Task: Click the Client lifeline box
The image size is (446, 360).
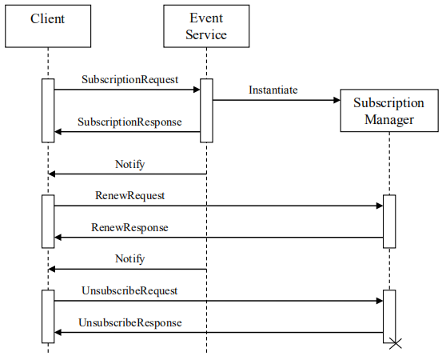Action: click(47, 26)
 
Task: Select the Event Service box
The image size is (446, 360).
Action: click(206, 26)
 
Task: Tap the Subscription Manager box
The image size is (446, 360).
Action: click(389, 111)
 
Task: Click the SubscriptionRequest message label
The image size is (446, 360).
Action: click(129, 80)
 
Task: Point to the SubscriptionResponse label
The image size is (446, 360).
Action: click(129, 122)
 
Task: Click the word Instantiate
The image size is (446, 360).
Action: click(273, 90)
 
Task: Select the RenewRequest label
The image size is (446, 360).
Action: click(129, 195)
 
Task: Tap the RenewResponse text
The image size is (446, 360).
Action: click(129, 227)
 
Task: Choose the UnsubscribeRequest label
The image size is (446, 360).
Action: click(129, 290)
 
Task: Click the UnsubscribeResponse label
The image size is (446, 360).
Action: click(129, 322)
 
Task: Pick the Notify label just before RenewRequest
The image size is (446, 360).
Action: click(129, 164)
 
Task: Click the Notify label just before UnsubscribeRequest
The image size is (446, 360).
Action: click(129, 258)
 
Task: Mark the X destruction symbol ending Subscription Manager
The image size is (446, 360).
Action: click(393, 344)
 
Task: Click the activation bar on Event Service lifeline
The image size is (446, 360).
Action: click(206, 110)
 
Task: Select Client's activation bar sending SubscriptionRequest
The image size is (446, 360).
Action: click(47, 110)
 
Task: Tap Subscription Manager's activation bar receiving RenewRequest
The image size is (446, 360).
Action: click(389, 221)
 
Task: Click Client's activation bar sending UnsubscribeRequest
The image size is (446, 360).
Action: click(47, 316)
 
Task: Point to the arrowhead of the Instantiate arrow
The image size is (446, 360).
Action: click(336, 100)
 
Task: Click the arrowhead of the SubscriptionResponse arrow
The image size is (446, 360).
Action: click(58, 132)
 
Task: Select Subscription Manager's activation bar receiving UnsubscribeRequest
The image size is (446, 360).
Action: click(389, 315)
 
